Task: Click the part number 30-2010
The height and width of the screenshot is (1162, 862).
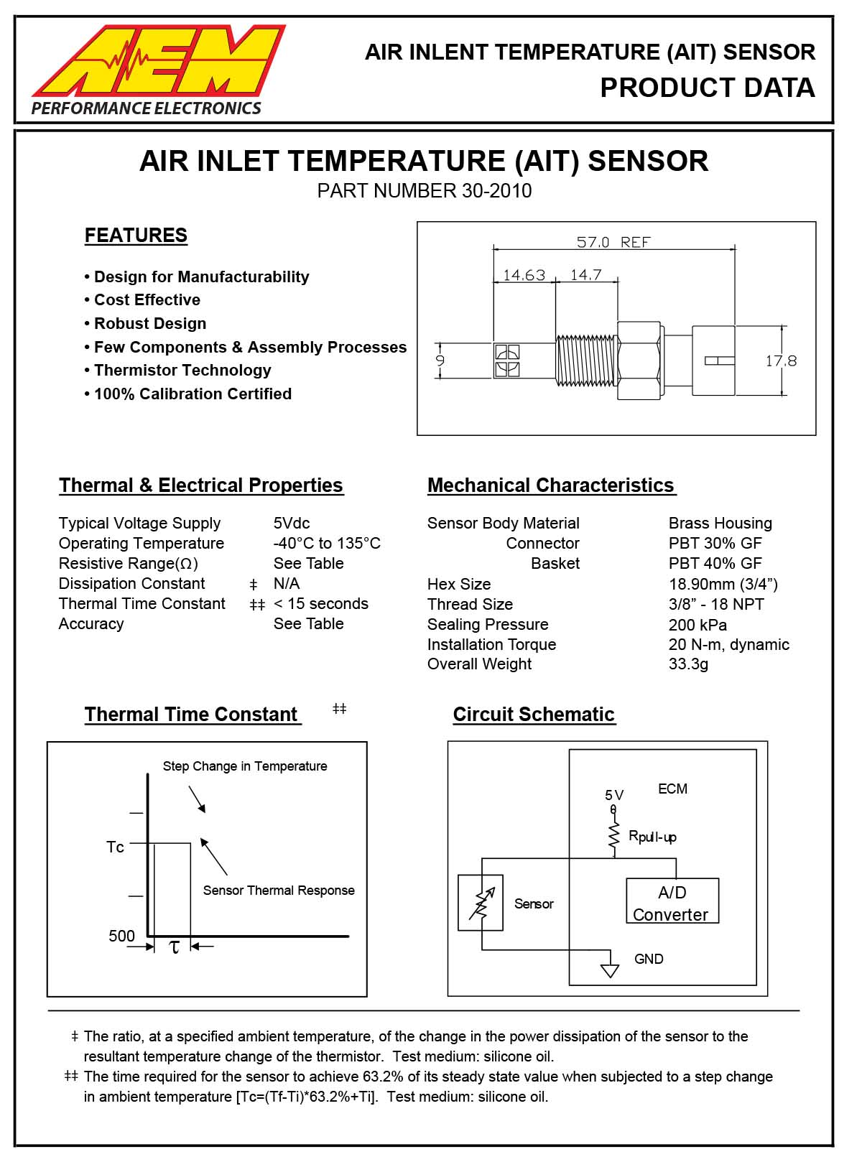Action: click(x=495, y=191)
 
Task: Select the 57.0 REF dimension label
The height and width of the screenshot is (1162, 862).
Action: click(x=613, y=242)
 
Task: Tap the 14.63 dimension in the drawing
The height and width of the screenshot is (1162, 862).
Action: click(x=524, y=275)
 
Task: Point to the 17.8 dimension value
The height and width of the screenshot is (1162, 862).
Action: click(x=780, y=361)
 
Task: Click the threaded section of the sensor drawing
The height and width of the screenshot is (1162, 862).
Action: click(x=587, y=359)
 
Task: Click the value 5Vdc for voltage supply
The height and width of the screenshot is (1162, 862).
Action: click(x=292, y=524)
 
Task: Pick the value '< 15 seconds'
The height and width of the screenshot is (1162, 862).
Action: click(x=321, y=604)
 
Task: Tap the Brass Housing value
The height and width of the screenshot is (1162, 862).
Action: click(x=720, y=524)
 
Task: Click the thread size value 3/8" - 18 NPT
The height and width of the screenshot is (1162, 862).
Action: click(x=715, y=605)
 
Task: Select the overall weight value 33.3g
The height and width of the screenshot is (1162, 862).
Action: click(x=688, y=664)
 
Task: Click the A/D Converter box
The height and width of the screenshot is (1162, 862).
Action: click(x=672, y=902)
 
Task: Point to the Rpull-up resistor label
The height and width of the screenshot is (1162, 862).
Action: click(x=652, y=837)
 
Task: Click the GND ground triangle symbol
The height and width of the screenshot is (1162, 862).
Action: click(x=610, y=971)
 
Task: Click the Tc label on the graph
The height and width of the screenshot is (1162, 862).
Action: click(x=115, y=847)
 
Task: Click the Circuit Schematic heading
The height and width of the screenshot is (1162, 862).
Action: click(x=534, y=715)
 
